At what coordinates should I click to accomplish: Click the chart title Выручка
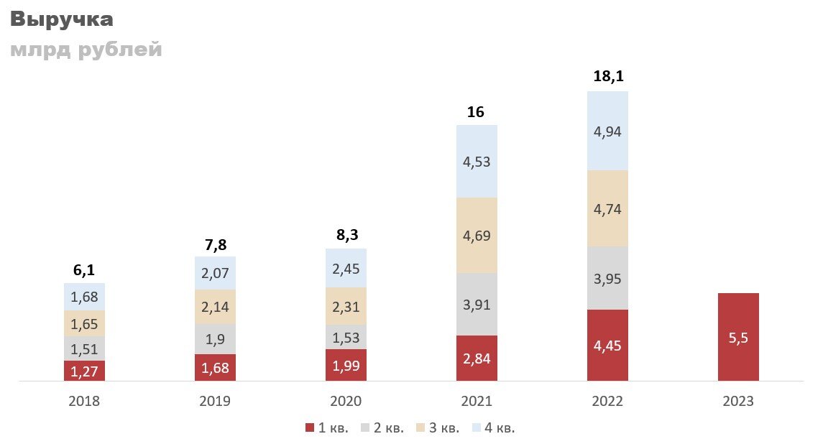click(x=62, y=19)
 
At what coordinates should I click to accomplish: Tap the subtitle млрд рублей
click(x=86, y=50)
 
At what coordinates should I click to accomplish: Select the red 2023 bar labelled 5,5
click(x=738, y=337)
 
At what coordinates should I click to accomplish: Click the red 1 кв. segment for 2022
click(x=607, y=345)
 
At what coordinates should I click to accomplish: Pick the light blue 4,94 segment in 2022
click(x=607, y=131)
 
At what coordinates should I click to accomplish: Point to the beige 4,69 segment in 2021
click(x=477, y=235)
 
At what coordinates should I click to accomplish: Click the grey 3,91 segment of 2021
click(x=477, y=304)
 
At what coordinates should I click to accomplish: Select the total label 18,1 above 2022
click(x=607, y=77)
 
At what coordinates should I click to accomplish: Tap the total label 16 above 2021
click(x=476, y=111)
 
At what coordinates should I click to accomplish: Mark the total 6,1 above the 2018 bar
click(x=84, y=270)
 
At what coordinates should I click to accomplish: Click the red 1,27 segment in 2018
click(x=84, y=371)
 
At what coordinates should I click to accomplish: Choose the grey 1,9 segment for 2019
click(x=215, y=339)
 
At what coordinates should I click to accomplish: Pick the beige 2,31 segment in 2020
click(x=346, y=306)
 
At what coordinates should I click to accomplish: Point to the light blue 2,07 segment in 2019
click(x=215, y=273)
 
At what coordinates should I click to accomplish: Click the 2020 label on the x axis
click(x=346, y=401)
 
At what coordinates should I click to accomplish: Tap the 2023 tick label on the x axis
click(x=738, y=401)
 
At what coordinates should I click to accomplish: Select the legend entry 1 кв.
click(x=327, y=428)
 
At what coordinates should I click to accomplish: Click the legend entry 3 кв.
click(x=438, y=428)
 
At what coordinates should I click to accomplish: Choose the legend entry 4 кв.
click(x=494, y=428)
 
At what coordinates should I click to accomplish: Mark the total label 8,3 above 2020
click(x=346, y=236)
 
